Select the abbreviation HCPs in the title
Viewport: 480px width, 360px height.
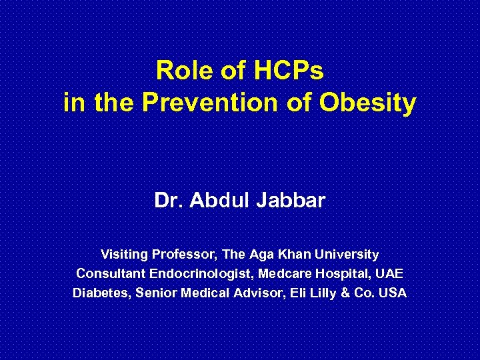(x=286, y=70)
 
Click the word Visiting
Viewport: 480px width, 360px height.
(x=125, y=254)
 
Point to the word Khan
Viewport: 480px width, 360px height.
(x=291, y=254)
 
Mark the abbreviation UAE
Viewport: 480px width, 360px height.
(x=389, y=273)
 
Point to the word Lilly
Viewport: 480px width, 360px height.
(x=330, y=293)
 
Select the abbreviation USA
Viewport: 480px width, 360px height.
(x=393, y=293)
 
